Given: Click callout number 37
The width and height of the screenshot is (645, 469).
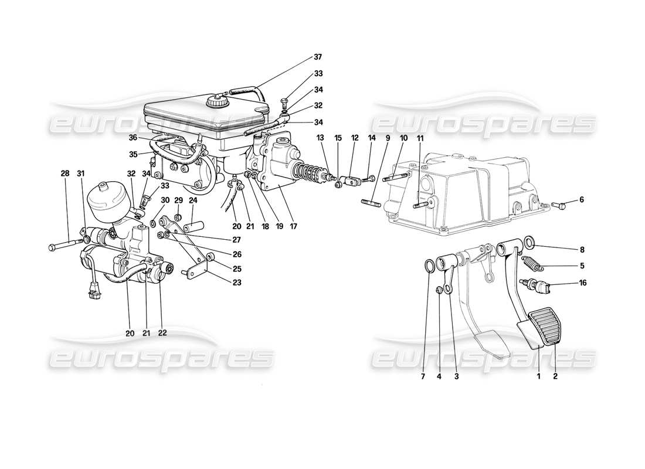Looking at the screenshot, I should pyautogui.click(x=318, y=57).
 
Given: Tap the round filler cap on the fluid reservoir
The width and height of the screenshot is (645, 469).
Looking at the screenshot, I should pyautogui.click(x=215, y=101).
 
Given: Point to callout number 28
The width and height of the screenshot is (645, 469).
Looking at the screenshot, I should pyautogui.click(x=64, y=174).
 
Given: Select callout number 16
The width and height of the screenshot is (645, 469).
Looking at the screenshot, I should pyautogui.click(x=582, y=283).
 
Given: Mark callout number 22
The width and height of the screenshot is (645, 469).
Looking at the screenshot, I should pyautogui.click(x=162, y=333).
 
